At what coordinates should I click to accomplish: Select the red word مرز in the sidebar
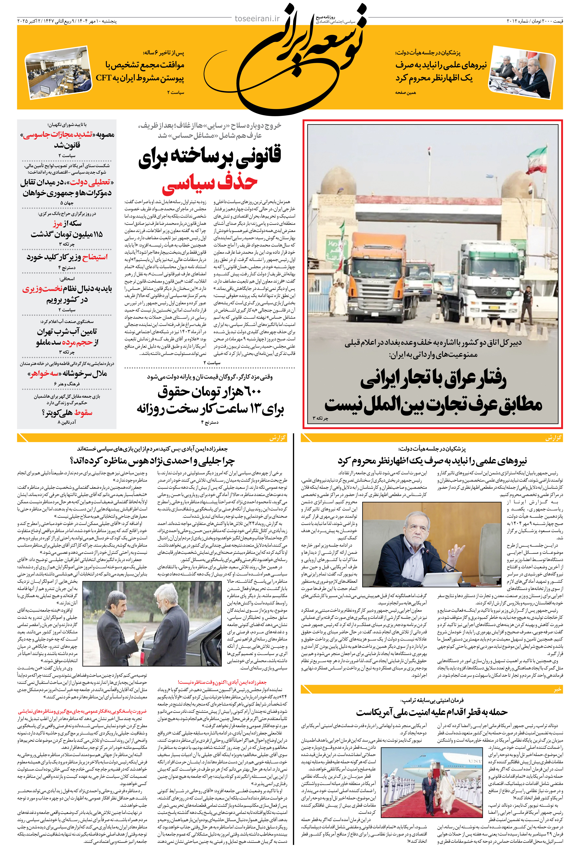58,224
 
